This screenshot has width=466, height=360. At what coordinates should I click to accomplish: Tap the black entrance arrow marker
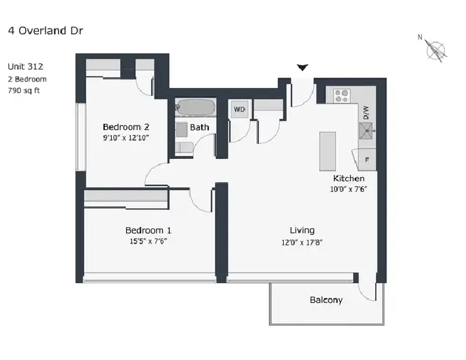click(x=303, y=68)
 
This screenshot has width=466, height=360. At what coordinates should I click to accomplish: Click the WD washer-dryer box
click(x=240, y=109)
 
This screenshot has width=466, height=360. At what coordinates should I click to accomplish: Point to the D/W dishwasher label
click(x=366, y=113)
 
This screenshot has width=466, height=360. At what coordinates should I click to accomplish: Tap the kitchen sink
click(x=366, y=131)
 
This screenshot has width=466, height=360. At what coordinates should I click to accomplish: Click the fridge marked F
click(x=367, y=160)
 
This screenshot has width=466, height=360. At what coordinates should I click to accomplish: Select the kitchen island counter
click(x=327, y=151)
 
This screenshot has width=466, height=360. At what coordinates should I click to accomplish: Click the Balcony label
click(x=326, y=299)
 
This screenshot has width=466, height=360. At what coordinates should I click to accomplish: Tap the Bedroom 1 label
click(x=148, y=230)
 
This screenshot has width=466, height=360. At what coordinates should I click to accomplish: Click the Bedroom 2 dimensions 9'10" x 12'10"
click(x=126, y=137)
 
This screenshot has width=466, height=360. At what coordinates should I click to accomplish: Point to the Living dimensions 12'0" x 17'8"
click(x=302, y=242)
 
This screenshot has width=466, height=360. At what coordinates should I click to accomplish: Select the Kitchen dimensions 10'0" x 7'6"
click(x=349, y=189)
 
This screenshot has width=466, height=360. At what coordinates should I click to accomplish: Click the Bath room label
click(x=199, y=127)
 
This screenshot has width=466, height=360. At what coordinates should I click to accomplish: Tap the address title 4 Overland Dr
click(x=46, y=31)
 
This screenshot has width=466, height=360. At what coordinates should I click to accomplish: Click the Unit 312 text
click(x=25, y=66)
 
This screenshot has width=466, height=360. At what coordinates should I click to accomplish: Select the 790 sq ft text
click(x=24, y=90)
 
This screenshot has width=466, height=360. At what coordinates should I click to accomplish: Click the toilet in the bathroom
click(x=184, y=147)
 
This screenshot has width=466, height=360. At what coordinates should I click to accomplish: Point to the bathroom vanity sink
click(x=182, y=130)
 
